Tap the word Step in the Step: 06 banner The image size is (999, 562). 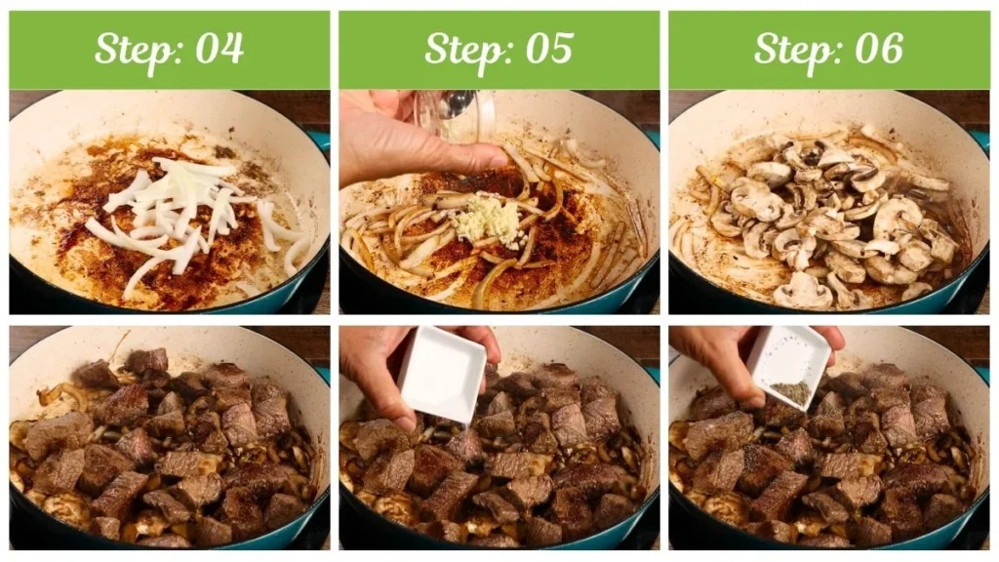792,49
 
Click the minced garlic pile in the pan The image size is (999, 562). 486,221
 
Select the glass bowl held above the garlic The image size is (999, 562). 455,115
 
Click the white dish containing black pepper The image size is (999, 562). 789,367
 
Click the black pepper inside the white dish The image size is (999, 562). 791,392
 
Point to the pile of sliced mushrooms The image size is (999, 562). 829,220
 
